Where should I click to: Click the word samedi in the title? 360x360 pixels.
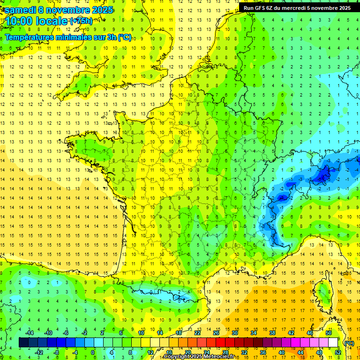20,10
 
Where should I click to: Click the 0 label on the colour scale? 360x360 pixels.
93,352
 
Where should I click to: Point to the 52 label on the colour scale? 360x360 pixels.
338,352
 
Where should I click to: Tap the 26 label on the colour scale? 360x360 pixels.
216,333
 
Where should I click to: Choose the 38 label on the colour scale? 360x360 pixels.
272,333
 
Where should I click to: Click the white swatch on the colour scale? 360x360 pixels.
333,343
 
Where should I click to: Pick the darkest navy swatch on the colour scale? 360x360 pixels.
23,343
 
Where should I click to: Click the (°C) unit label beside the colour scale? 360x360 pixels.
349,343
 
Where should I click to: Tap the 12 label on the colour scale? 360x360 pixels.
150,352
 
